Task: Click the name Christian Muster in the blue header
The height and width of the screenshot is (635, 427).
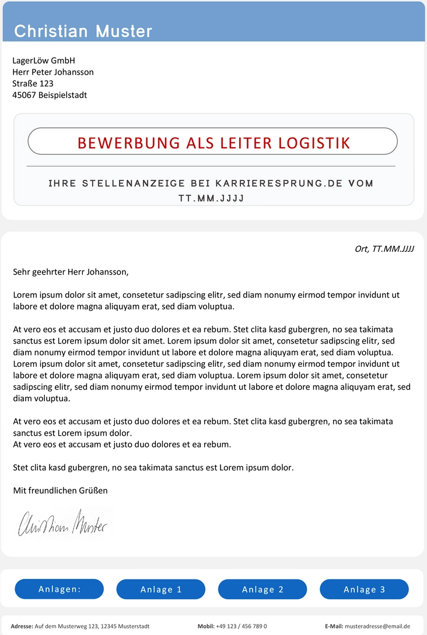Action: pyautogui.click(x=83, y=31)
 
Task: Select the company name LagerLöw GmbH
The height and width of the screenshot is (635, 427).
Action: pyautogui.click(x=44, y=61)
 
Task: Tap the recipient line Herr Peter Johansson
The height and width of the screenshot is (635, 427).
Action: pyautogui.click(x=53, y=72)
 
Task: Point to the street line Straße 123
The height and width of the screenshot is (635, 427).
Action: pyautogui.click(x=33, y=84)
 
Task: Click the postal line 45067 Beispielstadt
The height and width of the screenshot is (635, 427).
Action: pyautogui.click(x=50, y=95)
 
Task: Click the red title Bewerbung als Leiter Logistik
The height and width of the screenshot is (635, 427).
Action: pyautogui.click(x=213, y=143)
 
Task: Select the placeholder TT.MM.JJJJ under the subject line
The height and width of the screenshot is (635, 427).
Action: pyautogui.click(x=211, y=199)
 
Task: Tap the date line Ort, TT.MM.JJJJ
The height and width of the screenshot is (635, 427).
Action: pyautogui.click(x=384, y=249)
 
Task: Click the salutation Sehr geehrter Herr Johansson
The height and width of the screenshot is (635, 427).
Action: pyautogui.click(x=71, y=272)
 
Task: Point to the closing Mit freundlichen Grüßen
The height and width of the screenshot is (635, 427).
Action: pyautogui.click(x=60, y=491)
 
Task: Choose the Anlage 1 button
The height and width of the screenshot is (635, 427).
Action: pyautogui.click(x=161, y=589)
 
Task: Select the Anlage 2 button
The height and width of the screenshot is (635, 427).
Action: pyautogui.click(x=262, y=589)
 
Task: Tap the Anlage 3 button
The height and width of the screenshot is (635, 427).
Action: pyautogui.click(x=364, y=589)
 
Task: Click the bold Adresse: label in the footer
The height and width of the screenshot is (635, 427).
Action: pyautogui.click(x=22, y=626)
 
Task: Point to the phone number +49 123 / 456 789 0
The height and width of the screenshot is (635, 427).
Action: pyautogui.click(x=242, y=626)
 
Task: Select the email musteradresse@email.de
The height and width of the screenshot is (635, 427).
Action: pyautogui.click(x=377, y=626)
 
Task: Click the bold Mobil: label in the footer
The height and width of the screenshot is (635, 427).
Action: pyautogui.click(x=206, y=626)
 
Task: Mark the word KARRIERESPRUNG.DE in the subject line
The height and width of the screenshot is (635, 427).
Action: pyautogui.click(x=279, y=183)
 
